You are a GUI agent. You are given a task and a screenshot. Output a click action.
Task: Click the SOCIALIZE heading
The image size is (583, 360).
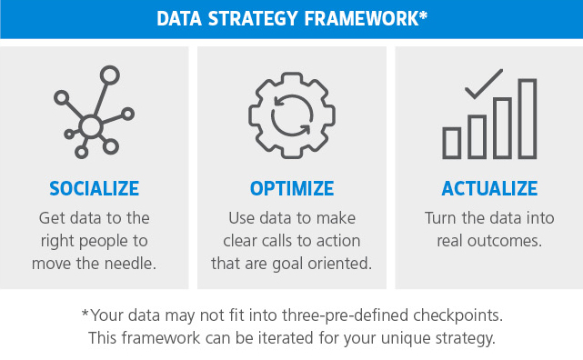[95, 189]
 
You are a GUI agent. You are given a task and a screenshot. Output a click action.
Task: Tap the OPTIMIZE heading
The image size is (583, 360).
[291, 189]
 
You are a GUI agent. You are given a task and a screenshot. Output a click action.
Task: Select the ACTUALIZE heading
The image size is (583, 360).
[489, 189]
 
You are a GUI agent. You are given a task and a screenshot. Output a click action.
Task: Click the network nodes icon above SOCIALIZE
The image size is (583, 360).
[94, 114]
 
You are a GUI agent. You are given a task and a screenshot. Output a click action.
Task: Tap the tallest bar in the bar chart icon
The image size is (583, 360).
[528, 118]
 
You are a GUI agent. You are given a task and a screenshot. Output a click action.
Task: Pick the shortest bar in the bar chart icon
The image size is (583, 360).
[452, 142]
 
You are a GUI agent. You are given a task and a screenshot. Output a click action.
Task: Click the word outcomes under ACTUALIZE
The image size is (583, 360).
[513, 241]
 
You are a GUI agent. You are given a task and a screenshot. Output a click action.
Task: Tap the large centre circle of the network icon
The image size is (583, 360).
[90, 125]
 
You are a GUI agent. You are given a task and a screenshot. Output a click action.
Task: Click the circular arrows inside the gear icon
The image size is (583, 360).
[291, 115]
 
